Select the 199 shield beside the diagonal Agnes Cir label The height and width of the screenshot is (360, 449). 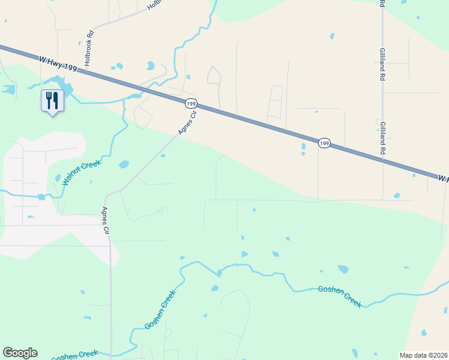click(x=191, y=104)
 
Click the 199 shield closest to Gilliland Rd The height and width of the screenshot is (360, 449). click(x=324, y=143)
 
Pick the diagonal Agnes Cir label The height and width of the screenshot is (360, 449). click(x=187, y=123)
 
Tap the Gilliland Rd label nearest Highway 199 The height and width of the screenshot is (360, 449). click(x=382, y=139)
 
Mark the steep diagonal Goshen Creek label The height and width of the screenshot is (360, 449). click(x=160, y=310)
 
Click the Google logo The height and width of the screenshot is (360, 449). click(x=20, y=353)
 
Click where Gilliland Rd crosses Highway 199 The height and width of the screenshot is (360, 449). click(x=383, y=160)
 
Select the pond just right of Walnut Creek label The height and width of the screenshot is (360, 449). click(x=123, y=164)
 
